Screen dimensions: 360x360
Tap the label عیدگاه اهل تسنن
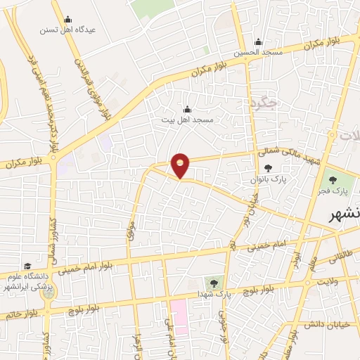(x=67, y=30)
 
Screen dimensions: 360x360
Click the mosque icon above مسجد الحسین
(x=258, y=41)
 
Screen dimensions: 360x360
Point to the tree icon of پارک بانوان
(x=268, y=168)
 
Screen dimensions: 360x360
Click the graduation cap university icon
(x=27, y=266)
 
